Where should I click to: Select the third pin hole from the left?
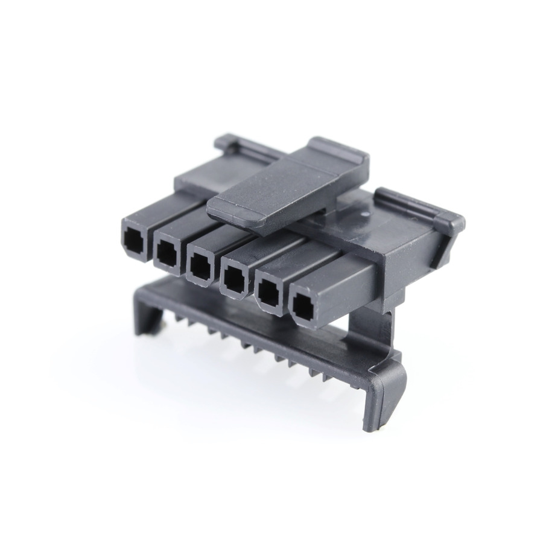[x=197, y=265]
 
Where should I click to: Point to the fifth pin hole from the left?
[x=266, y=293]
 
